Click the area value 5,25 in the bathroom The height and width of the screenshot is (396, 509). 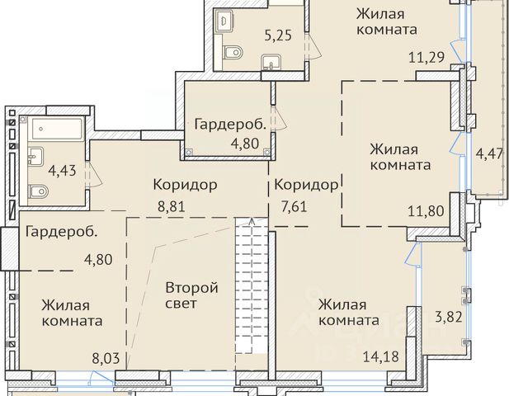[x=278, y=35]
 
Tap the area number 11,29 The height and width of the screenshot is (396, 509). [x=427, y=58]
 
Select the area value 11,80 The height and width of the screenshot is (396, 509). [x=426, y=211]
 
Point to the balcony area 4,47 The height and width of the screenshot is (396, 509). [x=489, y=153]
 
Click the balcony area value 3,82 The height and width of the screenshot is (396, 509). [x=448, y=317]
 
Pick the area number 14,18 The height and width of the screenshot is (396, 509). [x=380, y=356]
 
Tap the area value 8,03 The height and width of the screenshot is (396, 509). [x=106, y=359]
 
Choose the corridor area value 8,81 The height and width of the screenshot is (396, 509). [x=172, y=206]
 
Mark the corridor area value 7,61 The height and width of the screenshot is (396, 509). [x=295, y=206]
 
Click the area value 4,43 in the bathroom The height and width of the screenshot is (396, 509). [x=62, y=171]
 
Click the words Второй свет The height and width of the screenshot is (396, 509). [x=191, y=295]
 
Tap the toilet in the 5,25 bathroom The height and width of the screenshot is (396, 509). [x=233, y=52]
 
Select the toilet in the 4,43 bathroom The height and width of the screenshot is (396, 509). [x=39, y=191]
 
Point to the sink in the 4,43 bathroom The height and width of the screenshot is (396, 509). [x=35, y=157]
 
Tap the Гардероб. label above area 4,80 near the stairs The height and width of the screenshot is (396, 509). [x=230, y=125]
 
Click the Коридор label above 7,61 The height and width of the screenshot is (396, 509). [x=306, y=185]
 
